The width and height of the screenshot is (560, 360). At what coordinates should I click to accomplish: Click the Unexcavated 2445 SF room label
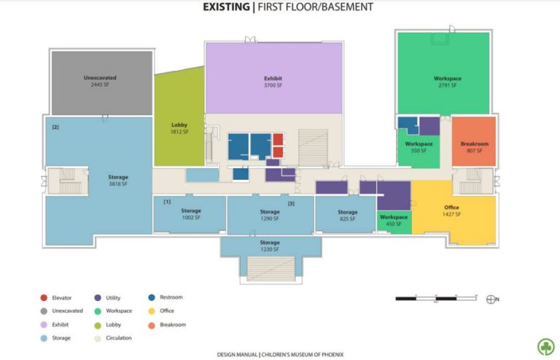(100, 81)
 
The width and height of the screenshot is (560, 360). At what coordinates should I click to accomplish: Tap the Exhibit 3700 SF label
(273, 82)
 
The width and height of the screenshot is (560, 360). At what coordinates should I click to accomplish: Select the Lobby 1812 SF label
(179, 128)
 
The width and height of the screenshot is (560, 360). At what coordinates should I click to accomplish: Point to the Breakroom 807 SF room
(474, 146)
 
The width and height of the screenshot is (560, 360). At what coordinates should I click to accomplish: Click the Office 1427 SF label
(451, 211)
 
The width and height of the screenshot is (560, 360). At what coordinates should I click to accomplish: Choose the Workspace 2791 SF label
(447, 82)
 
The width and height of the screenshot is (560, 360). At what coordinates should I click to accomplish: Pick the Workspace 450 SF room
(394, 220)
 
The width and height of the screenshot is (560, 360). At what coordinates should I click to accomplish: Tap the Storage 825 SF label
(348, 215)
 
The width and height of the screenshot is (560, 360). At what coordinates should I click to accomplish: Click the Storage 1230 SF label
(270, 246)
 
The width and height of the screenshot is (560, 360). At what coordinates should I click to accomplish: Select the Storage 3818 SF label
(118, 181)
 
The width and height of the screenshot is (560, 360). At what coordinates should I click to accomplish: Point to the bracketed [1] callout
(167, 201)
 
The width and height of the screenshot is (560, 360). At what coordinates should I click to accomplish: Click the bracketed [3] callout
(291, 203)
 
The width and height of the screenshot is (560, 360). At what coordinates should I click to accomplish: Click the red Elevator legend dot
(44, 298)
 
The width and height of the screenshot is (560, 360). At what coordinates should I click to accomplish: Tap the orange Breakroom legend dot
(150, 325)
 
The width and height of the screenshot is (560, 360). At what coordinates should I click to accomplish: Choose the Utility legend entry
(107, 298)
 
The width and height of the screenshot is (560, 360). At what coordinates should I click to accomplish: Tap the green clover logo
(545, 346)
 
